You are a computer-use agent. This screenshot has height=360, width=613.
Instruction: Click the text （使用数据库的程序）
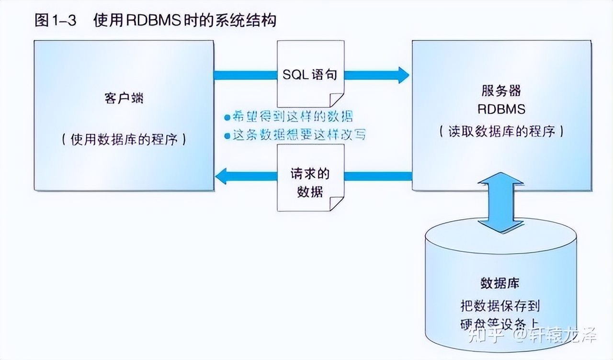[x=124, y=139]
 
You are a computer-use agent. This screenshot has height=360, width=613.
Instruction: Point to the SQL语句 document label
[x=310, y=75]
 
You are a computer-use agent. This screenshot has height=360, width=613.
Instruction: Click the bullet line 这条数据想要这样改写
[x=295, y=135]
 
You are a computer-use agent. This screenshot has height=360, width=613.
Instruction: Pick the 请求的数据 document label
[x=310, y=182]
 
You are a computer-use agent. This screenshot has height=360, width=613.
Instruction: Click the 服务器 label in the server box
[x=501, y=91]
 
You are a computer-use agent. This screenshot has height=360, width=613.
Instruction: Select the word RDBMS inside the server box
[x=501, y=109]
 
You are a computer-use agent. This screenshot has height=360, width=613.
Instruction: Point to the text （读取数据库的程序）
[x=501, y=131]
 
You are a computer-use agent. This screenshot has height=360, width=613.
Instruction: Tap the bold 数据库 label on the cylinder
[x=500, y=283]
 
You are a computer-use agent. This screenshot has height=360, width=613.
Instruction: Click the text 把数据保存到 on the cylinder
[x=500, y=305]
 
